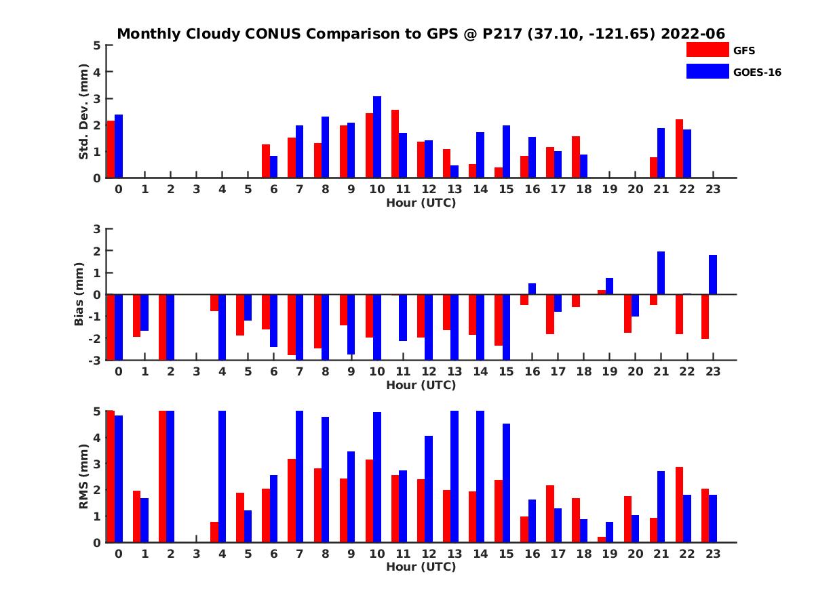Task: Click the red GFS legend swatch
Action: (x=708, y=49)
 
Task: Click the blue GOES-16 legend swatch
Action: (x=708, y=71)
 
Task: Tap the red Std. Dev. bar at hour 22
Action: (x=679, y=148)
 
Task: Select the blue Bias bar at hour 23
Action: (x=713, y=274)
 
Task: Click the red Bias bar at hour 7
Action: (x=292, y=325)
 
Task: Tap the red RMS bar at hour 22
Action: (x=679, y=504)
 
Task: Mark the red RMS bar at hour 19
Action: (x=602, y=540)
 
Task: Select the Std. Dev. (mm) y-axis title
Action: (x=84, y=112)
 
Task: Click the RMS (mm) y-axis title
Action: (x=84, y=476)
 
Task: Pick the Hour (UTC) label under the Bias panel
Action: (x=421, y=385)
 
